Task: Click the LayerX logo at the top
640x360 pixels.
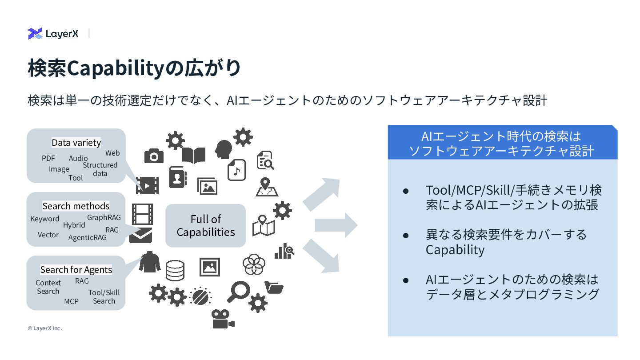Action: (53, 33)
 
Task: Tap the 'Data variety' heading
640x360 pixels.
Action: (76, 142)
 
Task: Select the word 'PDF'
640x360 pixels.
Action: (48, 158)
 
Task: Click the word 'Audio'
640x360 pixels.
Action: (78, 158)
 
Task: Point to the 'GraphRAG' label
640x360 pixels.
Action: (104, 217)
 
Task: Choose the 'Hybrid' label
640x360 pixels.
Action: (74, 225)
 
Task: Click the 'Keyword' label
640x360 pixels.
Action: (44, 219)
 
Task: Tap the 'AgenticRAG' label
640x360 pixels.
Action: (88, 237)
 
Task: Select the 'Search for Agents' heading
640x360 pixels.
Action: (76, 270)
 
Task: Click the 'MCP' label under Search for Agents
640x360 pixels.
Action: (71, 301)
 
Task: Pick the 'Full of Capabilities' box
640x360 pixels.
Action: (205, 226)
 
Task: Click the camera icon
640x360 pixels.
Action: (154, 156)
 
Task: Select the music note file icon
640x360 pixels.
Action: (236, 170)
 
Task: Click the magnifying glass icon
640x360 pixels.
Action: (238, 291)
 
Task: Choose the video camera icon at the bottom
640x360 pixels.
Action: (222, 318)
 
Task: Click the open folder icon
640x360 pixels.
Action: (274, 288)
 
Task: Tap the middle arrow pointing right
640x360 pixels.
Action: (336, 225)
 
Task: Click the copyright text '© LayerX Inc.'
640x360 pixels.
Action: (44, 328)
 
